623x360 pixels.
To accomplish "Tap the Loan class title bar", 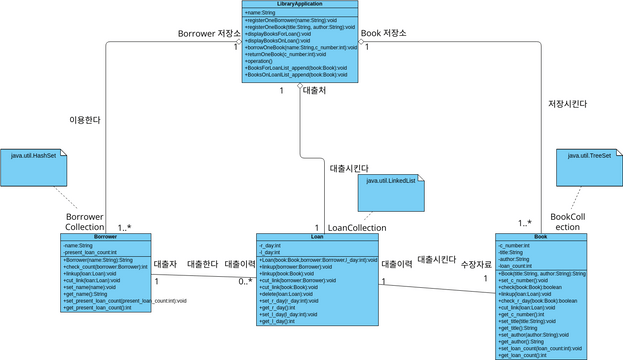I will pyautogui.click(x=317, y=237).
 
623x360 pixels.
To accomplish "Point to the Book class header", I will pyautogui.click(x=541, y=237).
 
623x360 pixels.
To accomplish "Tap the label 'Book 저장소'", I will pyautogui.click(x=385, y=33).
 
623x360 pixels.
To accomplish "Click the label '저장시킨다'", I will pyautogui.click(x=567, y=103).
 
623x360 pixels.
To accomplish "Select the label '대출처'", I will pyautogui.click(x=314, y=91).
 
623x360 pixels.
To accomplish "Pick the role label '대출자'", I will pyautogui.click(x=165, y=264).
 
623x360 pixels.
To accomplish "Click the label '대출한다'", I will pyautogui.click(x=202, y=264).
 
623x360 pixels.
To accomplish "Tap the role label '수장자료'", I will pyautogui.click(x=476, y=264).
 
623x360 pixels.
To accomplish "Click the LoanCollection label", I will pyautogui.click(x=357, y=228).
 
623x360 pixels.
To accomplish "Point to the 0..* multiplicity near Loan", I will pyautogui.click(x=244, y=281).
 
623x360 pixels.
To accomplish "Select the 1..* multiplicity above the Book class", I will pyautogui.click(x=524, y=223).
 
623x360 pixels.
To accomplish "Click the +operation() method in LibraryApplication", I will pyautogui.click(x=260, y=61).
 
